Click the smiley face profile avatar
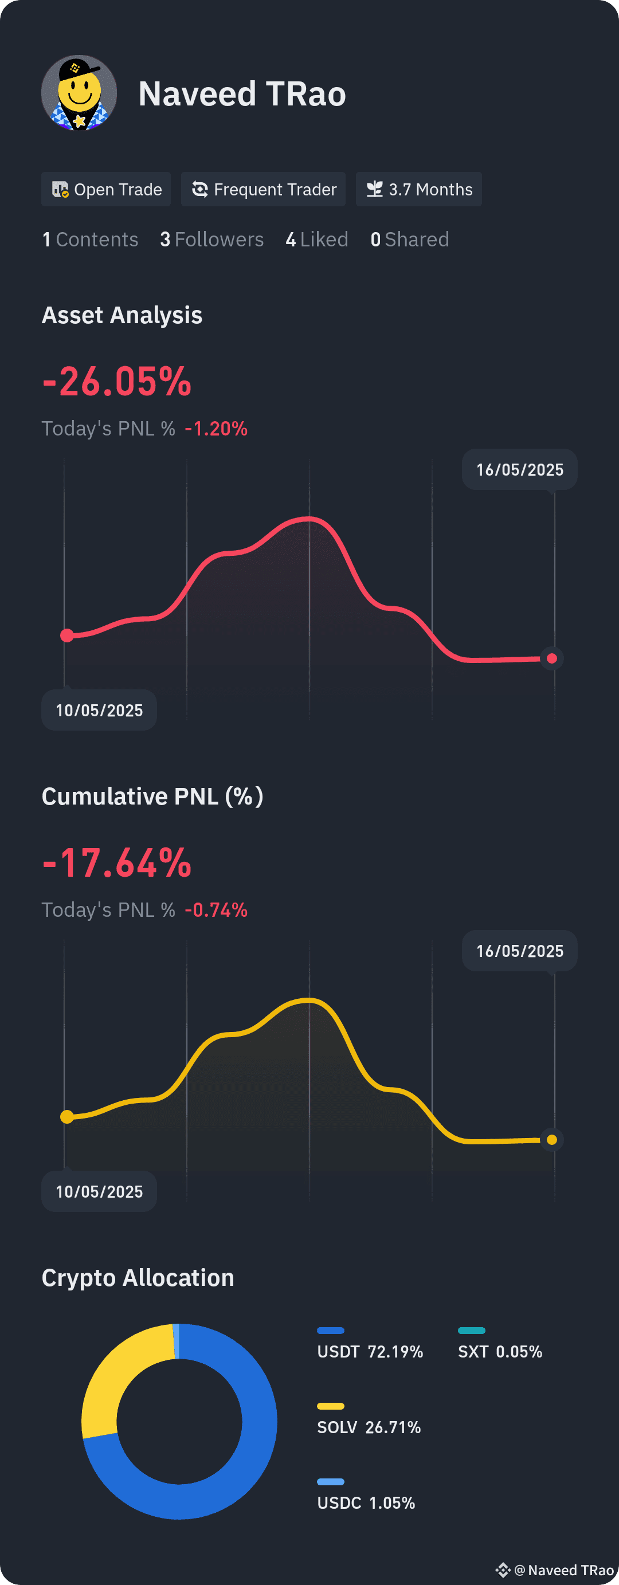tap(79, 93)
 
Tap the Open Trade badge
tap(106, 190)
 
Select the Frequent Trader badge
tap(263, 190)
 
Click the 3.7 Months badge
tap(419, 190)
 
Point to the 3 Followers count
tap(211, 240)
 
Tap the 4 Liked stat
tap(317, 240)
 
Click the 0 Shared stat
tap(410, 240)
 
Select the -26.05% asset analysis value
tap(117, 382)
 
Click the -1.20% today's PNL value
tap(216, 428)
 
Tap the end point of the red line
tap(552, 658)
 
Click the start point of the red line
tap(67, 635)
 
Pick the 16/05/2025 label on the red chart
tap(520, 469)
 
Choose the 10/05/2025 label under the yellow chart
tap(99, 1192)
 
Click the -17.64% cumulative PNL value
tap(117, 862)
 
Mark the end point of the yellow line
tap(552, 1140)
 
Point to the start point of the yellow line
tap(67, 1117)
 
